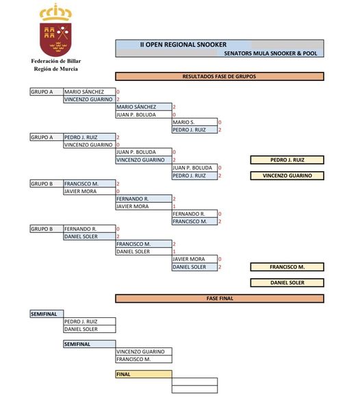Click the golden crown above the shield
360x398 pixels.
coord(55,12)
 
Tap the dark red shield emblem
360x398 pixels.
coord(55,39)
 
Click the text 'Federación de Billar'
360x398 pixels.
coord(56,61)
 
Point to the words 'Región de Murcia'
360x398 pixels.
coord(56,69)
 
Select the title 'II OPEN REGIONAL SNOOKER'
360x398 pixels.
coord(183,45)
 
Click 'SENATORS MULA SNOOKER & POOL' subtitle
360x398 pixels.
coord(270,53)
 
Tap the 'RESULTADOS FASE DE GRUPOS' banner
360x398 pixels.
coord(220,77)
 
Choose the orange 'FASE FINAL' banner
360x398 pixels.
coord(220,299)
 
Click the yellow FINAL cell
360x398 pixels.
coord(144,374)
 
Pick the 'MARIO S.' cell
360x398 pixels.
coord(194,122)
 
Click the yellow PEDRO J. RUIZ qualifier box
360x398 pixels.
coord(287,160)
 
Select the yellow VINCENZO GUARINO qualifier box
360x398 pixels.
coord(287,175)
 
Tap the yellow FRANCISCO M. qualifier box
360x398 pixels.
coord(287,267)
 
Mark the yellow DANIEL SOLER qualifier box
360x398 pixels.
coord(287,283)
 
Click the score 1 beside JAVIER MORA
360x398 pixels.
coord(174,206)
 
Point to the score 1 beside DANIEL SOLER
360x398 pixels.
coord(174,251)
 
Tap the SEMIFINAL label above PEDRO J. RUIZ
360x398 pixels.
coord(47,314)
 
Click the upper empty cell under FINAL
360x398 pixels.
coord(194,382)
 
